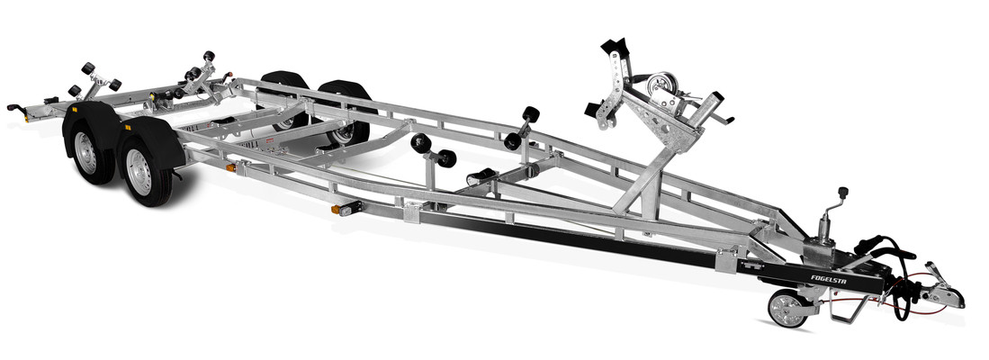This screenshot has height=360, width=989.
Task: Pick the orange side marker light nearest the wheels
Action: click(x=231, y=167)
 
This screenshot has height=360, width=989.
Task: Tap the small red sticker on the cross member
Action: click(x=268, y=141)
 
